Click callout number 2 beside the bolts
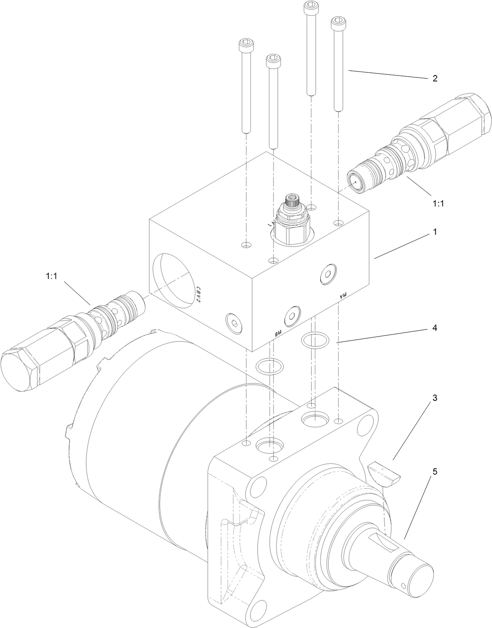point(435,78)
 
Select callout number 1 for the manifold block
point(435,232)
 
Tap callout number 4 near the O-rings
point(435,328)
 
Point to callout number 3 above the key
point(435,398)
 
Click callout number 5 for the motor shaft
point(435,471)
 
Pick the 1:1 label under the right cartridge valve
point(439,203)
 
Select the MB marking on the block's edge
point(277,333)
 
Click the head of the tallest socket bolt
point(311,5)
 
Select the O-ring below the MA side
point(314,341)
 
